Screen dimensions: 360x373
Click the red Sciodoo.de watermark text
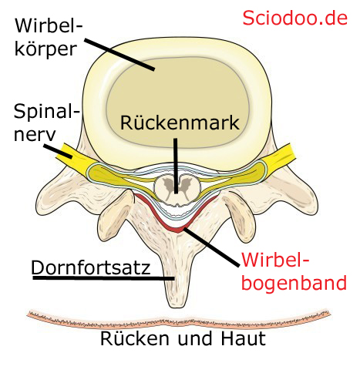pyautogui.click(x=294, y=18)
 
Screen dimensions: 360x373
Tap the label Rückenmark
pyautogui.click(x=180, y=123)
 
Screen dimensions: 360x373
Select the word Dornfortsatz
pyautogui.click(x=90, y=267)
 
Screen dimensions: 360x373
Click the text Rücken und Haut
pyautogui.click(x=183, y=338)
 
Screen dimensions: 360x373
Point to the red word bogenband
pyautogui.click(x=294, y=283)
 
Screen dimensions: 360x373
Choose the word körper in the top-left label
pyautogui.click(x=45, y=49)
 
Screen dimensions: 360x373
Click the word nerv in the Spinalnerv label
pyautogui.click(x=35, y=134)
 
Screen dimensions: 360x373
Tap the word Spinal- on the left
pyautogui.click(x=47, y=112)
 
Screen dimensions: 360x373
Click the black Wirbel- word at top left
pyautogui.click(x=49, y=25)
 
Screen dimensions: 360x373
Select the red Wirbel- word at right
pyautogui.click(x=275, y=260)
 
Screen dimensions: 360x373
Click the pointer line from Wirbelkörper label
pyautogui.click(x=119, y=54)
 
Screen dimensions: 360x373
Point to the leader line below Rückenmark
pyautogui.click(x=176, y=166)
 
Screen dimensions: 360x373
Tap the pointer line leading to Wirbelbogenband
pyautogui.click(x=210, y=247)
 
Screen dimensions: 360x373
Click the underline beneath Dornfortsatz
pyautogui.click(x=103, y=277)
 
